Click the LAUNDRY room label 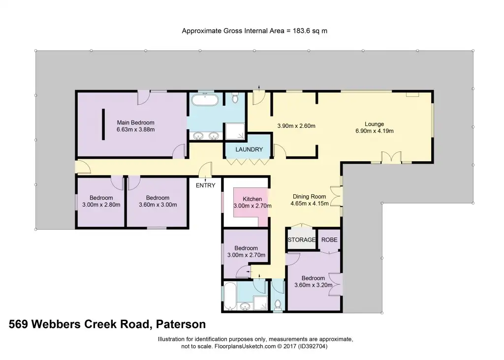tap(249, 150)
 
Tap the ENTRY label tap(205, 185)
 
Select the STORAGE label tap(302, 240)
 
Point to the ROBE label tap(329, 240)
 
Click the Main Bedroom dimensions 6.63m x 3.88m tap(136, 130)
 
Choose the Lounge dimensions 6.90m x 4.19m tap(375, 131)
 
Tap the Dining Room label tap(309, 196)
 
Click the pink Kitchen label tap(252, 199)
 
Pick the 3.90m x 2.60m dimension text tap(296, 126)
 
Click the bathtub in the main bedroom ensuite tap(205, 100)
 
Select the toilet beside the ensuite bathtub tap(235, 98)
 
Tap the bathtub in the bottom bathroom tap(230, 296)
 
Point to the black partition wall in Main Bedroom tap(103, 124)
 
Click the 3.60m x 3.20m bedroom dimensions tap(314, 285)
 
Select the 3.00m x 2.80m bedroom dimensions tap(101, 205)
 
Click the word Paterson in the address tap(181, 324)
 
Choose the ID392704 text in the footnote tap(313, 346)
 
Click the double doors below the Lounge tap(391, 157)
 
